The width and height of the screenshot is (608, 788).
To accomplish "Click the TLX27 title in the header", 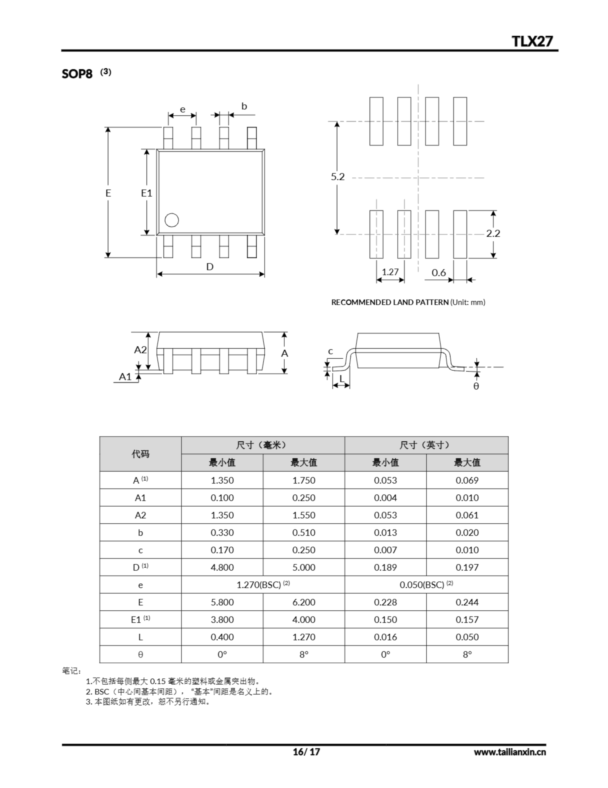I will (x=532, y=41).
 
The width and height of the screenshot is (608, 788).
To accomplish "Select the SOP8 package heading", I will (x=77, y=74).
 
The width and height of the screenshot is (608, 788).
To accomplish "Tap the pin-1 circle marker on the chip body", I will (x=172, y=220).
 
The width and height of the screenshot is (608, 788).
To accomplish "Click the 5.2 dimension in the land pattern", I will (x=338, y=177).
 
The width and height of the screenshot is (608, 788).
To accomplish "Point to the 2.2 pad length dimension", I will (x=493, y=233).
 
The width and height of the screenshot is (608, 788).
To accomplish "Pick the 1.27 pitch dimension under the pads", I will (x=390, y=272).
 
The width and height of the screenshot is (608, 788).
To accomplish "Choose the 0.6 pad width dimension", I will (x=439, y=273).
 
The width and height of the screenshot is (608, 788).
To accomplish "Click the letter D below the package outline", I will (x=210, y=267).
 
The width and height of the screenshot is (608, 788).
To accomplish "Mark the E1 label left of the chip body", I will (x=146, y=193).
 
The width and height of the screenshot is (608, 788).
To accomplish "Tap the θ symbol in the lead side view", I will (x=476, y=386).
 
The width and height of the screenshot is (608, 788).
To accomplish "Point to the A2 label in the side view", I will (x=140, y=350).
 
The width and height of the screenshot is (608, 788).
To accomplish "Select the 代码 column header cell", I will (x=140, y=454).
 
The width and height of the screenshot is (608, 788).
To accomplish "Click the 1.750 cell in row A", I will (x=304, y=480).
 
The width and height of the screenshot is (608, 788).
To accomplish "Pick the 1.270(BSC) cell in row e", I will (x=263, y=585).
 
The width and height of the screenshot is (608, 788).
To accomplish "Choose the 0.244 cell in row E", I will (x=467, y=602).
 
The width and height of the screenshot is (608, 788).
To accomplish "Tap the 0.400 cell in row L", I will (x=222, y=637).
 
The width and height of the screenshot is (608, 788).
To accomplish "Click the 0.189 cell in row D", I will (x=385, y=568).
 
